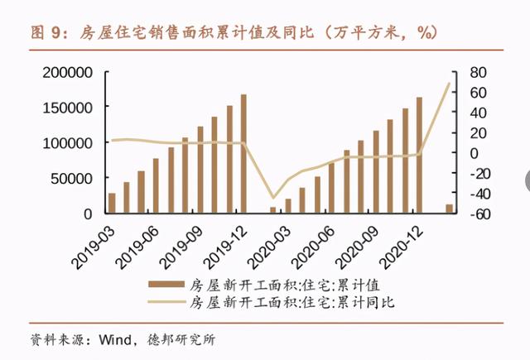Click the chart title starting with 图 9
tap(233, 32)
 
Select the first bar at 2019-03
tap(112, 203)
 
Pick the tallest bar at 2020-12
tap(419, 155)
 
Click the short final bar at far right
tap(450, 208)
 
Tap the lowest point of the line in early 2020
tap(273, 199)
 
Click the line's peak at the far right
tap(450, 84)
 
